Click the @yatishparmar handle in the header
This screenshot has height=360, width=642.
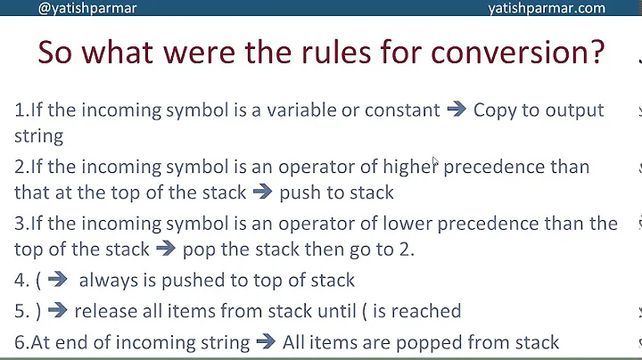click(x=87, y=8)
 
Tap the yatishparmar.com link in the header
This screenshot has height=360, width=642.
click(x=547, y=8)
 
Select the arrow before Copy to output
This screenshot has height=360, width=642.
click(x=456, y=110)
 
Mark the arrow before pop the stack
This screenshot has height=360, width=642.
click(x=166, y=249)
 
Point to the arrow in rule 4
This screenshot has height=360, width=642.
click(x=58, y=280)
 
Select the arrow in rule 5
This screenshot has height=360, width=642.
click(x=58, y=311)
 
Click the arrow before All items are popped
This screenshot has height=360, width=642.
click(x=266, y=342)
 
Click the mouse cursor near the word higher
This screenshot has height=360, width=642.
click(x=435, y=163)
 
